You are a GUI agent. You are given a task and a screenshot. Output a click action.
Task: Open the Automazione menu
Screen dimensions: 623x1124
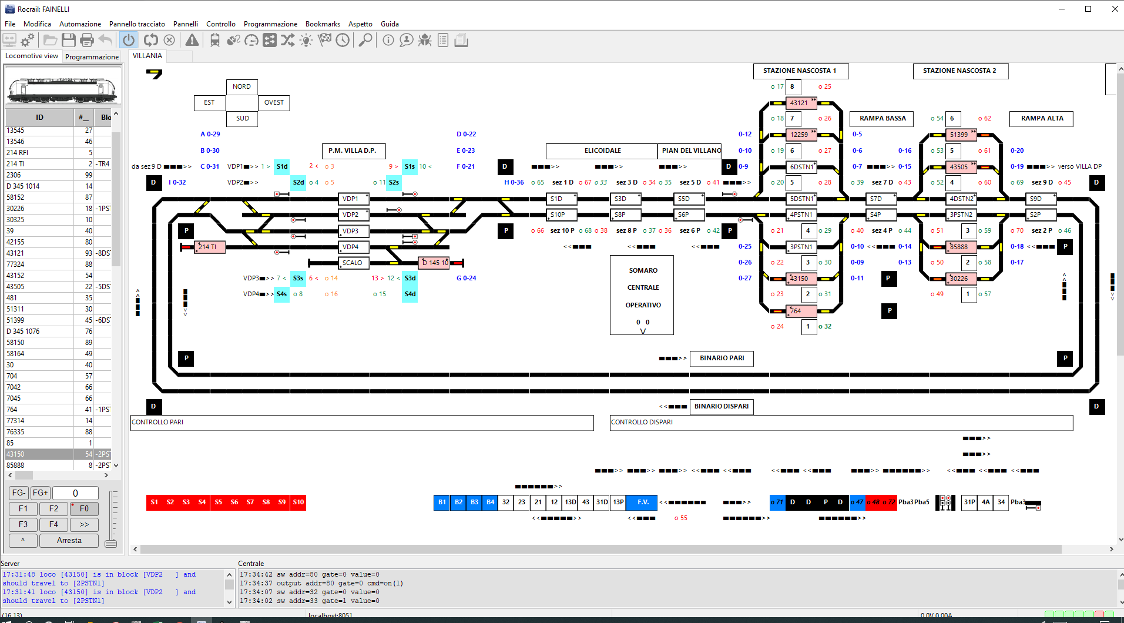pos(80,24)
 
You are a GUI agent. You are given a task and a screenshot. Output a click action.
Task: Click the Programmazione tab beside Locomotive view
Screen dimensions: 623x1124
pos(92,57)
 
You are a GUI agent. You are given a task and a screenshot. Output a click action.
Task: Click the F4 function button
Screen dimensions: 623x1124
pos(53,524)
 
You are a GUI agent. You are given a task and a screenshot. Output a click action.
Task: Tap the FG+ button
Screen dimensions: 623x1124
pos(41,493)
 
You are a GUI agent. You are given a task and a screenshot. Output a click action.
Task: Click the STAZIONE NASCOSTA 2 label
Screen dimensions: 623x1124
pos(959,71)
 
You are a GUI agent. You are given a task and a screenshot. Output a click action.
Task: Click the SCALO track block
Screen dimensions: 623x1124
pos(353,263)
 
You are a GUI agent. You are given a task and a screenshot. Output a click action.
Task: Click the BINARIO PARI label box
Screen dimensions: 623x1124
pos(722,359)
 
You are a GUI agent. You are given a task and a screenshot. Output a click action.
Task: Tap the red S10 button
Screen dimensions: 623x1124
pos(298,503)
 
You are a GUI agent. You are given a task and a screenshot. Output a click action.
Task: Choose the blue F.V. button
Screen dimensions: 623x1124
pos(642,503)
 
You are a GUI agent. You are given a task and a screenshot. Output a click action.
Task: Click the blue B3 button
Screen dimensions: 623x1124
pos(474,503)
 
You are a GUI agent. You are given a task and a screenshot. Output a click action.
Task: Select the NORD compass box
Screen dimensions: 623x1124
pos(241,87)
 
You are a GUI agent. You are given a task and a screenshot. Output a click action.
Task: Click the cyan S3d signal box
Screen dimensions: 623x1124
pos(410,279)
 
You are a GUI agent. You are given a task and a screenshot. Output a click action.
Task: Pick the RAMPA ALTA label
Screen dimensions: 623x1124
pos(1041,119)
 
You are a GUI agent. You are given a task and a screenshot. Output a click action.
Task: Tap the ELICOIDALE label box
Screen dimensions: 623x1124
pos(602,151)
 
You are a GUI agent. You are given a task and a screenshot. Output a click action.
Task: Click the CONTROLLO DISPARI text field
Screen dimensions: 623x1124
pos(840,423)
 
